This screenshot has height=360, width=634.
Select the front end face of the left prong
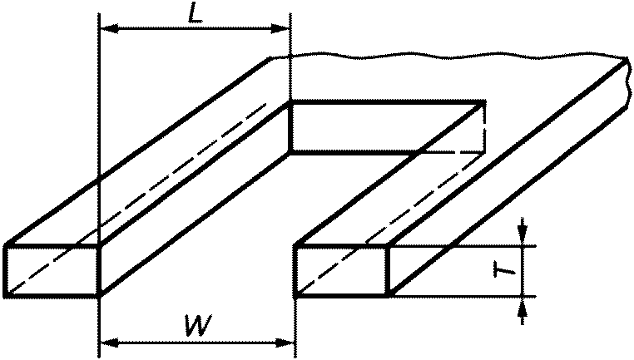pos(52,270)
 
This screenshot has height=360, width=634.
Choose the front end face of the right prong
pos(342,271)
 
